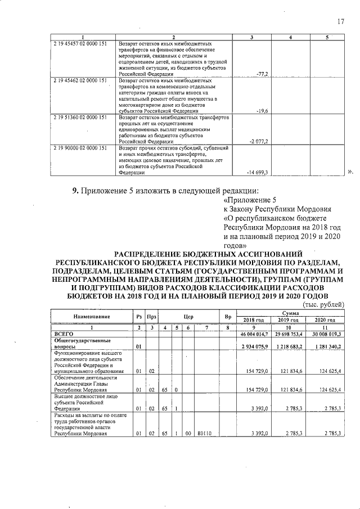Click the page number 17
[x=340, y=22]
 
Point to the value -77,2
[x=262, y=74]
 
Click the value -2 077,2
[x=259, y=142]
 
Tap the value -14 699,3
[x=258, y=172]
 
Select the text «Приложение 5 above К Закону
[x=250, y=200]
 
